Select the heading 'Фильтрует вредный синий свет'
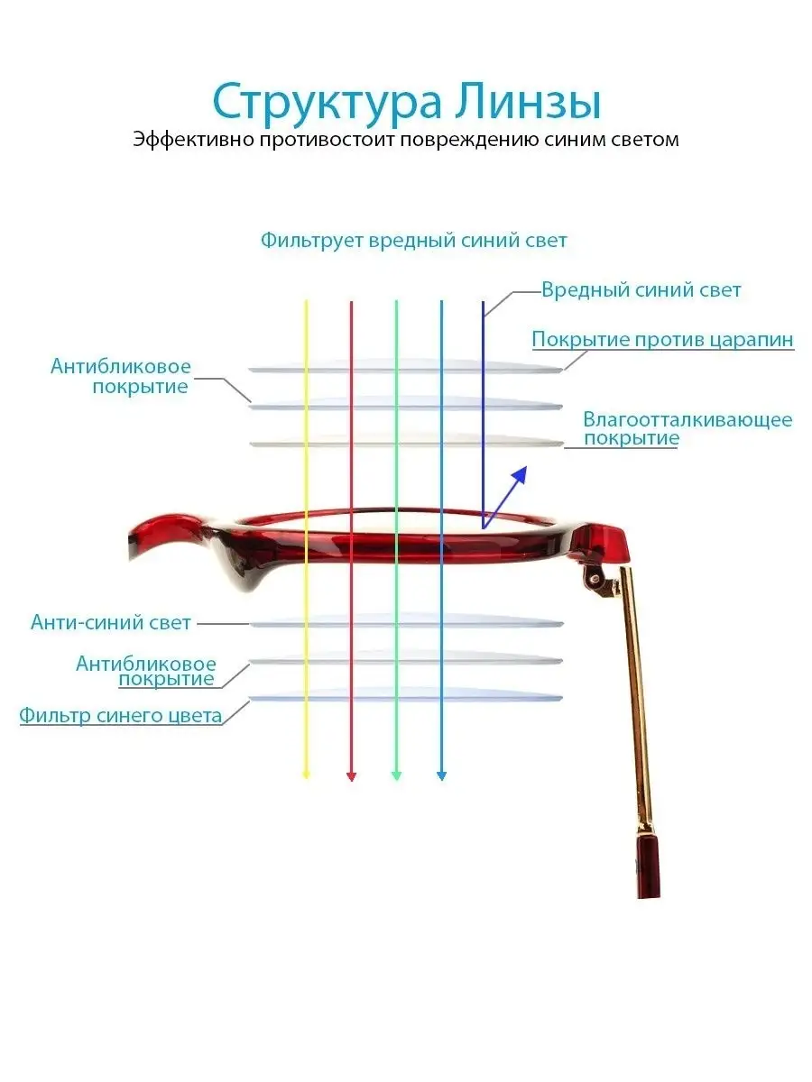click(413, 241)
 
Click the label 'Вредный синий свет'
click(641, 290)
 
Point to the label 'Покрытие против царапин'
click(662, 340)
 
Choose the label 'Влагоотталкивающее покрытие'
click(687, 428)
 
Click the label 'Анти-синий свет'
click(111, 622)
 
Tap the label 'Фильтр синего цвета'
click(121, 716)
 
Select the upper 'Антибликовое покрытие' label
click(121, 377)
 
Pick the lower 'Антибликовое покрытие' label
click(146, 671)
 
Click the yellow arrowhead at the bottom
click(306, 775)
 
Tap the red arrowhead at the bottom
click(352, 776)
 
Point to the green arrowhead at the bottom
click(396, 775)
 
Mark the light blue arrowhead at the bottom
click(442, 775)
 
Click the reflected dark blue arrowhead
click(520, 474)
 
